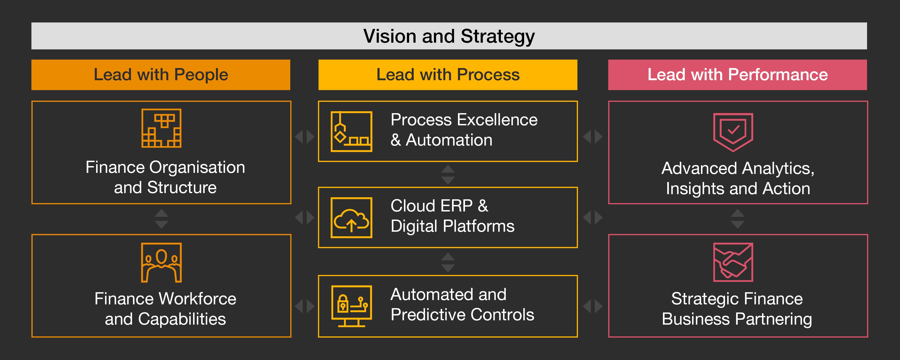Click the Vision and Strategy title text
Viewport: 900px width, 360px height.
click(449, 36)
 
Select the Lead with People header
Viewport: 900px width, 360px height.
click(161, 75)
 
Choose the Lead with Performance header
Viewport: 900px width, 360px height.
click(737, 75)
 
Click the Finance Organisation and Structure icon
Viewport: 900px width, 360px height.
click(161, 128)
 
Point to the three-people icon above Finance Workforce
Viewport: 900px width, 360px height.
click(161, 263)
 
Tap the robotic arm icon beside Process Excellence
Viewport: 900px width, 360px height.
click(352, 132)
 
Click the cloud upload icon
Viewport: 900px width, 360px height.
click(352, 218)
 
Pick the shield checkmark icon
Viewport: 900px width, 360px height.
click(733, 132)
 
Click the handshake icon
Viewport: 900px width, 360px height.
click(733, 262)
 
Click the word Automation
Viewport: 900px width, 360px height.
click(449, 140)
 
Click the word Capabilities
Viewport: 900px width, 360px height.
click(182, 319)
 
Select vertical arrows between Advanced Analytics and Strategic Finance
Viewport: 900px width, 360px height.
click(737, 219)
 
